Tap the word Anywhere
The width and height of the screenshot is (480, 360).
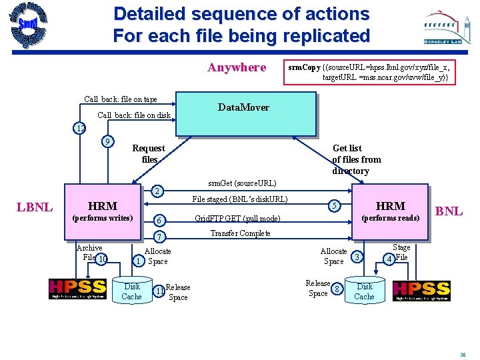click(237, 67)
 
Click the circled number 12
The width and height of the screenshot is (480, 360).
click(80, 128)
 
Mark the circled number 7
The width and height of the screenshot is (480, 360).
click(159, 238)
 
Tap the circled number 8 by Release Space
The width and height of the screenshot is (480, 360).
click(338, 289)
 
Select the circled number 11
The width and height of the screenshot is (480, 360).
click(159, 291)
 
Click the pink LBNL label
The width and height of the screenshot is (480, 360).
click(34, 207)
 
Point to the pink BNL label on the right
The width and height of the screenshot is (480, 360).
click(449, 211)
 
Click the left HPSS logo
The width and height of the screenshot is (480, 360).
click(77, 289)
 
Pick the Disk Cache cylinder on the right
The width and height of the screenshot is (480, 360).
click(365, 291)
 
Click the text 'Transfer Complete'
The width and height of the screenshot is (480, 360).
click(240, 233)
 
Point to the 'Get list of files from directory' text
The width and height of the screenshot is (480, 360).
click(357, 160)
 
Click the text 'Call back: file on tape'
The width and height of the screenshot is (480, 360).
click(121, 100)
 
